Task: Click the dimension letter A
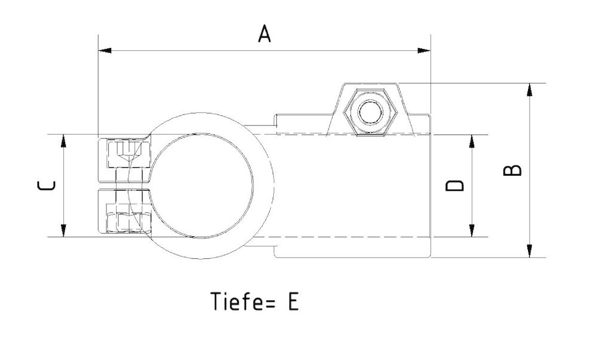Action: pos(264,34)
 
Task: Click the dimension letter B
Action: pos(513,170)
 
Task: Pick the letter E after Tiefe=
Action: pos(292,301)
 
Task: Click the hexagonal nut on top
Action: pos(368,111)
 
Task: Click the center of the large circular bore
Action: pos(202,185)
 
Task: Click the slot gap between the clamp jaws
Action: pos(123,185)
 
